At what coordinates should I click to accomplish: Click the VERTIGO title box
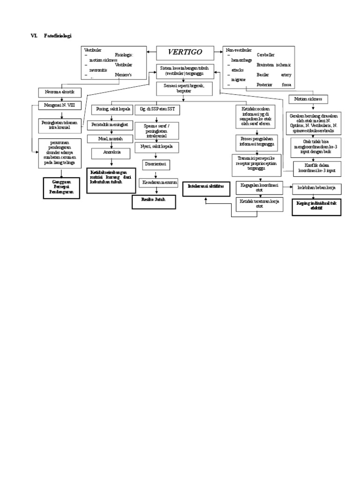pyautogui.click(x=186, y=52)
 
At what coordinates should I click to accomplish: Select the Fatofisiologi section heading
pyautogui.click(x=58, y=36)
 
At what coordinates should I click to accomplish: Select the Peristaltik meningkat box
pyautogui.click(x=110, y=125)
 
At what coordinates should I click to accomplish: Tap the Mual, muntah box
pyautogui.click(x=110, y=139)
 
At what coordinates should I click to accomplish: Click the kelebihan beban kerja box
pyautogui.click(x=317, y=189)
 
